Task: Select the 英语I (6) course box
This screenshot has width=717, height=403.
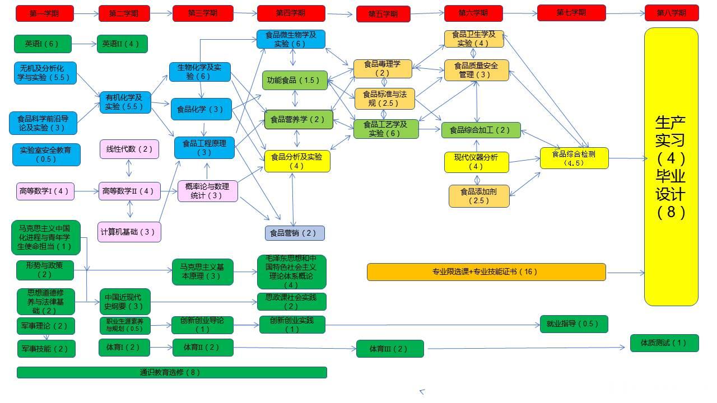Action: point(43,44)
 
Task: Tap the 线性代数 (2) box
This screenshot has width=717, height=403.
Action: point(129,149)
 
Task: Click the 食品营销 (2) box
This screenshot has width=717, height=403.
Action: point(294,233)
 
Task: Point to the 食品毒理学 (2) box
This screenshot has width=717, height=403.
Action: point(382,68)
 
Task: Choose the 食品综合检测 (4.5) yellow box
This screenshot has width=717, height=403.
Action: point(574,158)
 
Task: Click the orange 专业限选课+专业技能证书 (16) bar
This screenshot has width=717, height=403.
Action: point(486,272)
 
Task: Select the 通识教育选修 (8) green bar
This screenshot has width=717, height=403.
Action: point(171,372)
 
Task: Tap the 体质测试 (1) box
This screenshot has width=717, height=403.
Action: point(664,343)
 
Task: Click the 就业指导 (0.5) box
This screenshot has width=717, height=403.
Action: point(573,324)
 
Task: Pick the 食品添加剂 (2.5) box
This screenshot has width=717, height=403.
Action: point(478,196)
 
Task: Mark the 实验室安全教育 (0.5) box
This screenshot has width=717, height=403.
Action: point(46,154)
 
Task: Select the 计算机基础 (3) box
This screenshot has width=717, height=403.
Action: point(129,232)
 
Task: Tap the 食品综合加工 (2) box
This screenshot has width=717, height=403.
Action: point(481,130)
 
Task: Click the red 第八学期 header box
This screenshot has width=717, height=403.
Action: point(671,13)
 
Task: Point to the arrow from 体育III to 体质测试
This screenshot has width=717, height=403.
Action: point(527,348)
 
